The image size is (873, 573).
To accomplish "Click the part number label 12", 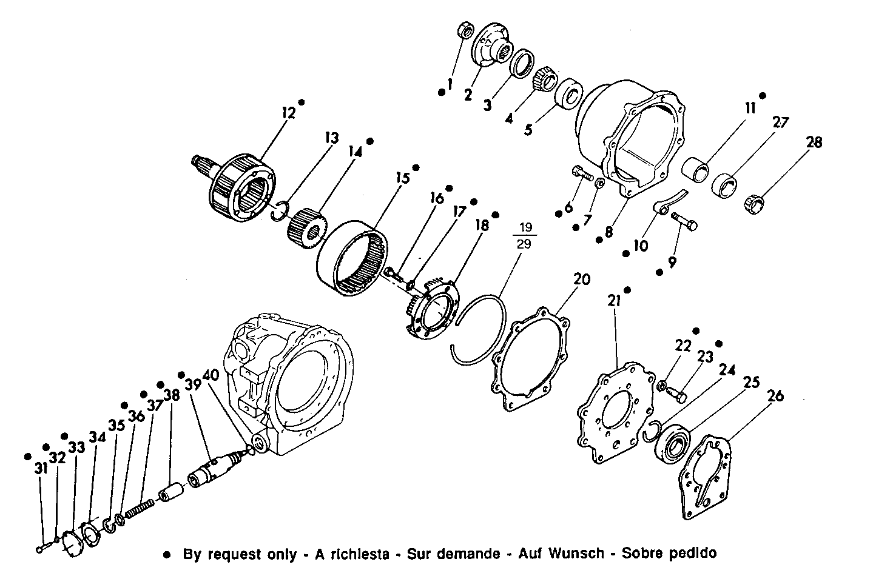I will pyautogui.click(x=288, y=113).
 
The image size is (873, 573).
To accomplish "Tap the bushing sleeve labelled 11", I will pyautogui.click(x=696, y=169).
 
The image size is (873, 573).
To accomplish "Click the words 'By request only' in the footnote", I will pyautogui.click(x=240, y=554).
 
